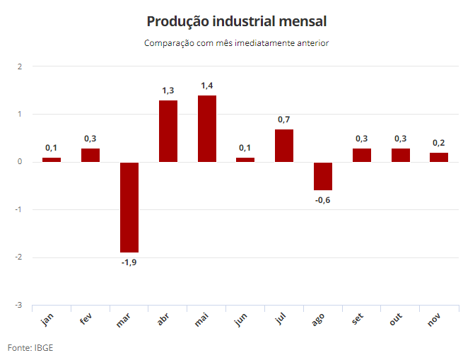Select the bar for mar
(129, 207)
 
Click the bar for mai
(207, 129)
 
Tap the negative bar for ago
(323, 176)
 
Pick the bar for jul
(284, 146)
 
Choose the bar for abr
(168, 132)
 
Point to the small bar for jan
(52, 160)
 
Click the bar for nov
(439, 157)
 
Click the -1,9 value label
(129, 262)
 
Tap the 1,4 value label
(207, 86)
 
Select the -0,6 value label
(322, 200)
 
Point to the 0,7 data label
(284, 120)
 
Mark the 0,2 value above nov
(439, 143)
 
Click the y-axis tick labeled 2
(20, 66)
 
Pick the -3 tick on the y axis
(19, 305)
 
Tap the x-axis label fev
(86, 319)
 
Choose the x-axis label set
(358, 319)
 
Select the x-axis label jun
(241, 320)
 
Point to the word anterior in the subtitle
(313, 43)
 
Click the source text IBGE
(44, 347)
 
